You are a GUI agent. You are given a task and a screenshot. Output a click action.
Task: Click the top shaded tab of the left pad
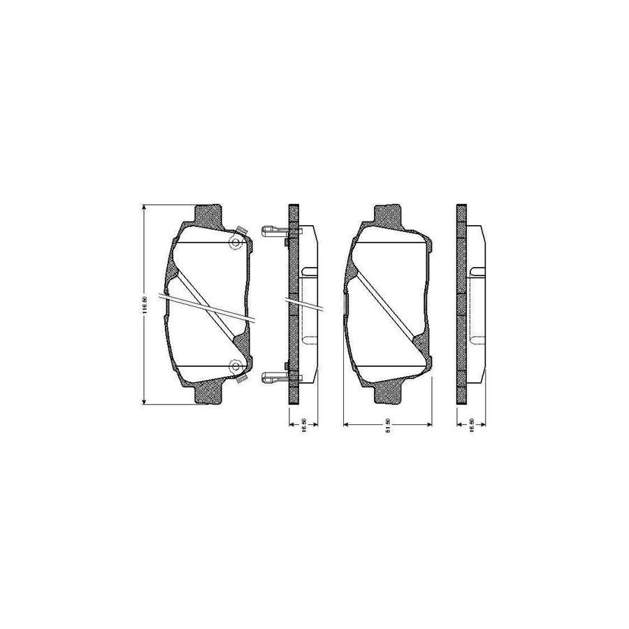[x=208, y=214]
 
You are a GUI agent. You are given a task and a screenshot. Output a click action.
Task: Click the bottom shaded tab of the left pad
[x=208, y=394]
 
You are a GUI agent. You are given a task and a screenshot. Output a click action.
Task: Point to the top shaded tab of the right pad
[x=389, y=214]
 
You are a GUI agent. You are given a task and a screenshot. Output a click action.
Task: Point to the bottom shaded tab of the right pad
[x=389, y=394]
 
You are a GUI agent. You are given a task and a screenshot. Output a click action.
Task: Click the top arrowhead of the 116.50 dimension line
[x=144, y=208]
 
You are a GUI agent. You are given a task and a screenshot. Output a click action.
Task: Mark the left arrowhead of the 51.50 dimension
[x=346, y=425]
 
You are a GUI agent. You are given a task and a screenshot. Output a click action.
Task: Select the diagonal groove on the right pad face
[x=388, y=304]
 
